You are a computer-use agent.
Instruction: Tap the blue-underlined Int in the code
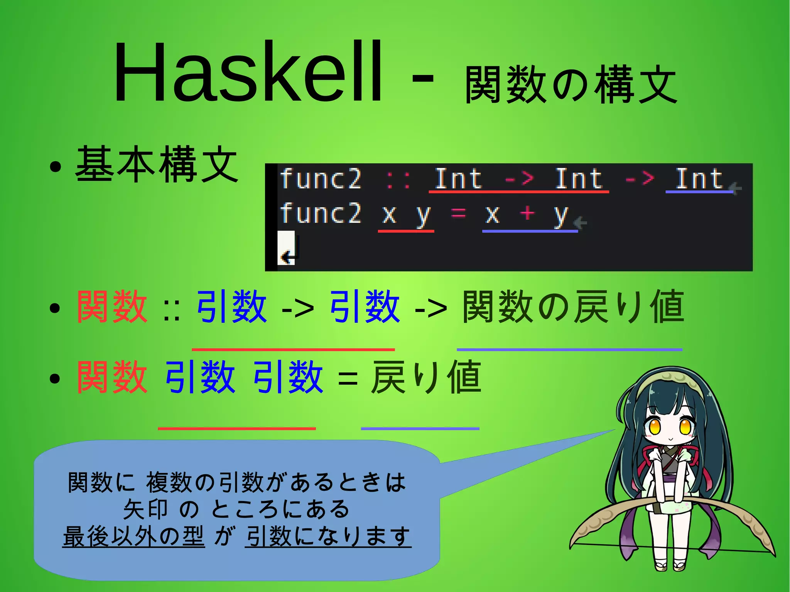[x=699, y=179]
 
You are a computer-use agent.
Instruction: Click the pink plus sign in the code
[x=527, y=213]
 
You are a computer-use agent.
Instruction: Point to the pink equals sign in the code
[x=458, y=213]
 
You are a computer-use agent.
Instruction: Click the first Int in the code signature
[x=458, y=179]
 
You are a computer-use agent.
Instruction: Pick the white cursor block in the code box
[x=286, y=248]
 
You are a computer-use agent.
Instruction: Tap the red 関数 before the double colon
[x=112, y=307]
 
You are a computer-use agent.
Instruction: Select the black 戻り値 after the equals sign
[x=426, y=377]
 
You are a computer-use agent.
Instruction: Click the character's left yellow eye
[x=655, y=427]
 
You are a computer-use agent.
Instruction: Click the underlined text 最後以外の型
[x=133, y=536]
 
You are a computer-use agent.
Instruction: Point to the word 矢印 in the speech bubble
[x=145, y=509]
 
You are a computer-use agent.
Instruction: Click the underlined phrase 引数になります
[x=328, y=536]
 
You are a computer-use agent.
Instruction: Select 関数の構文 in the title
[x=571, y=85]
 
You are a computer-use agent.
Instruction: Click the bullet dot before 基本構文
[x=55, y=167]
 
